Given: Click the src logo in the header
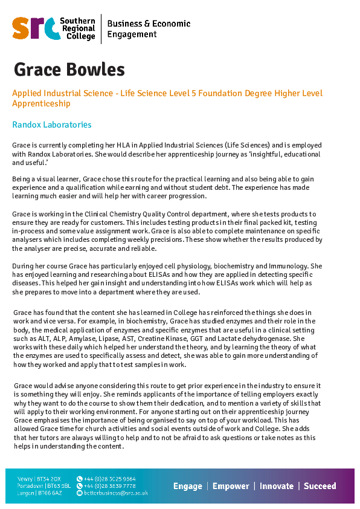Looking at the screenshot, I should [34, 28].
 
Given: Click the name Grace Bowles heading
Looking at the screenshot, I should [69, 70].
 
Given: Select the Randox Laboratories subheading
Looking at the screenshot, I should [52, 125].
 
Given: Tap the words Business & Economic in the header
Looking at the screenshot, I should [149, 24].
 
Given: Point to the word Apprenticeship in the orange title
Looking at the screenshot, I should [42, 103].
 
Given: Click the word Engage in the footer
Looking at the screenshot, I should [187, 486].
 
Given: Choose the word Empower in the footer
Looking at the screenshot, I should [231, 486].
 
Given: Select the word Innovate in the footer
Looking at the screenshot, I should [276, 486].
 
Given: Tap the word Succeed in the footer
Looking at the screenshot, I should [320, 486].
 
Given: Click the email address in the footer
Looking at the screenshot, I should [116, 493].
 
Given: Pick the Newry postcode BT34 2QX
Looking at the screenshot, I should [48, 478].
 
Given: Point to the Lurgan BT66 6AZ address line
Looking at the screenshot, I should [40, 493].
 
